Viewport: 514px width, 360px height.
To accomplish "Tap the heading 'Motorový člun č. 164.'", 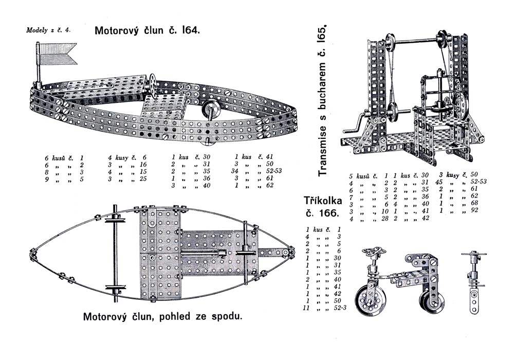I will click(146, 30).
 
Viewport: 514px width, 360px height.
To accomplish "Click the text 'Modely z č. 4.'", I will click(48, 30).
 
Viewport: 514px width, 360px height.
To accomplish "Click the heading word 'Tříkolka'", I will click(323, 200).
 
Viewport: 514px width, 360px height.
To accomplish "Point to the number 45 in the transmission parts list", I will click(440, 182).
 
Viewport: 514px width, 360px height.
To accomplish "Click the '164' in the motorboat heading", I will click(189, 30).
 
